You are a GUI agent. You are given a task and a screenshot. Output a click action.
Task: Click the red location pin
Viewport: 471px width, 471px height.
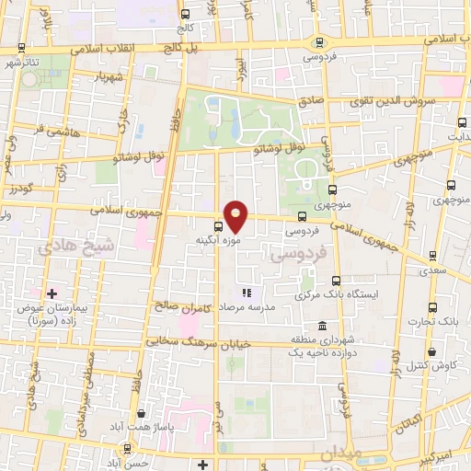point(236,215)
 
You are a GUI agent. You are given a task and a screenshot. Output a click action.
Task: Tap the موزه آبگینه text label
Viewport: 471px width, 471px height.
point(218,240)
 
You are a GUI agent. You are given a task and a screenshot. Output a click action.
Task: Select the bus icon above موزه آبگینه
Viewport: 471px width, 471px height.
point(218,226)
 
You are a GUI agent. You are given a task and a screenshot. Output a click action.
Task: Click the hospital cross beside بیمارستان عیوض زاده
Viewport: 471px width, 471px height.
point(52,293)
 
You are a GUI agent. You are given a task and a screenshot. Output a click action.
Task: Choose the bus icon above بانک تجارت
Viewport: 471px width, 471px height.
point(431,308)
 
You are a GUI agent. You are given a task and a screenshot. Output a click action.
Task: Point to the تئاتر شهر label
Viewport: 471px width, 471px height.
point(24,63)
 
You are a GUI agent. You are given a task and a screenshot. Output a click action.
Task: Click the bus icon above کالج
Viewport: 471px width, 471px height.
point(185,15)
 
